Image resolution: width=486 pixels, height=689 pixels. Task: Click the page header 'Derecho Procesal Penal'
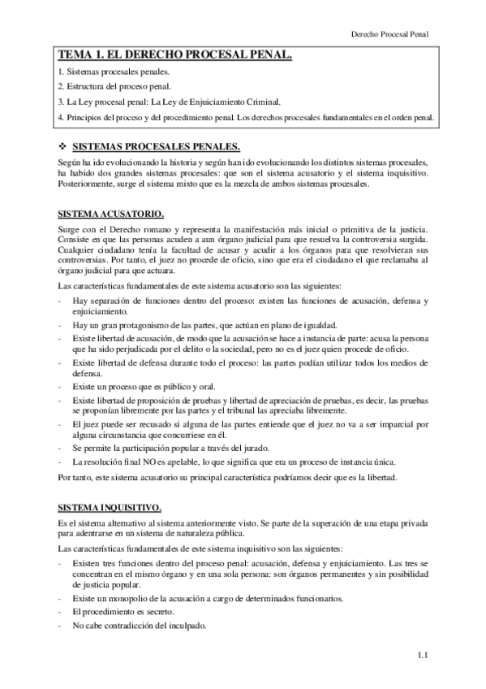pyautogui.click(x=388, y=35)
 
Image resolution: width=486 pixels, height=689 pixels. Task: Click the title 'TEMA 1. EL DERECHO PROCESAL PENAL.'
pyautogui.click(x=175, y=55)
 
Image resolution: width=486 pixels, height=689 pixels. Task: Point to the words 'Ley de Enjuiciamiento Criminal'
pyautogui.click(x=228, y=102)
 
